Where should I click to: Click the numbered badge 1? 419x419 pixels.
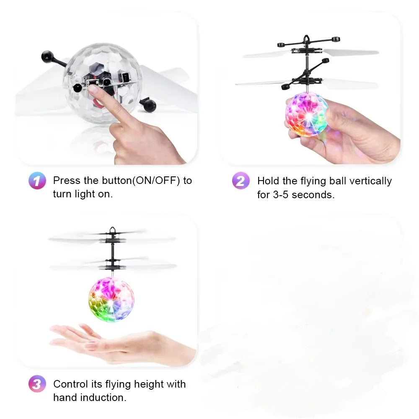(x=37, y=181)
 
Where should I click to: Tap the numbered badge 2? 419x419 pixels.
(x=240, y=181)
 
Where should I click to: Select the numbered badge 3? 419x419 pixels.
(x=37, y=384)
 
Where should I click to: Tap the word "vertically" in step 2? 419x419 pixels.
(x=370, y=181)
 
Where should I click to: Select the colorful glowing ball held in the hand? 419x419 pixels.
(x=307, y=114)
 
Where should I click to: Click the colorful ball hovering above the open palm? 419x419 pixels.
(x=111, y=299)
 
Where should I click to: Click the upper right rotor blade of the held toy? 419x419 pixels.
(x=351, y=53)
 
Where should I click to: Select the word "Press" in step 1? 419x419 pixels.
(x=66, y=181)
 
